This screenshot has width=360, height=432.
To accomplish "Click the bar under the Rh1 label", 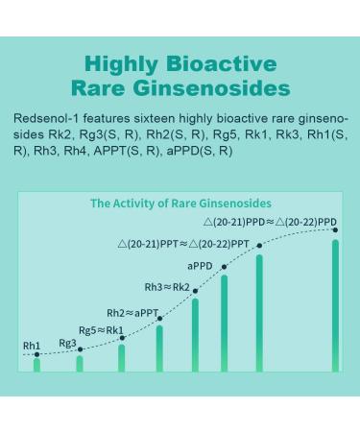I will (36, 364).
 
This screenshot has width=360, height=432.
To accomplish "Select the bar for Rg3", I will (80, 362).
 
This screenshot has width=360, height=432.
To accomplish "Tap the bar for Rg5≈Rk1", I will (122, 356).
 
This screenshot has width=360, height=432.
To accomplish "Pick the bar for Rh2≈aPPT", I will (159, 348).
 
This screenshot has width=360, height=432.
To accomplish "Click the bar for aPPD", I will (225, 323).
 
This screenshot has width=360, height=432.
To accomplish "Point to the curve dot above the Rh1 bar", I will (36, 354).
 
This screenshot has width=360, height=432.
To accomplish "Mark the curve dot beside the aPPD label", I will (224, 266).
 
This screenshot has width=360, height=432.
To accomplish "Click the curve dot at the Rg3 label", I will (80, 349).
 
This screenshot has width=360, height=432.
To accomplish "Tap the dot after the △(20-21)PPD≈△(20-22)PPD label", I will (335, 229).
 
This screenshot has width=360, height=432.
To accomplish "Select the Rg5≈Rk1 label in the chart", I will (101, 330).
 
